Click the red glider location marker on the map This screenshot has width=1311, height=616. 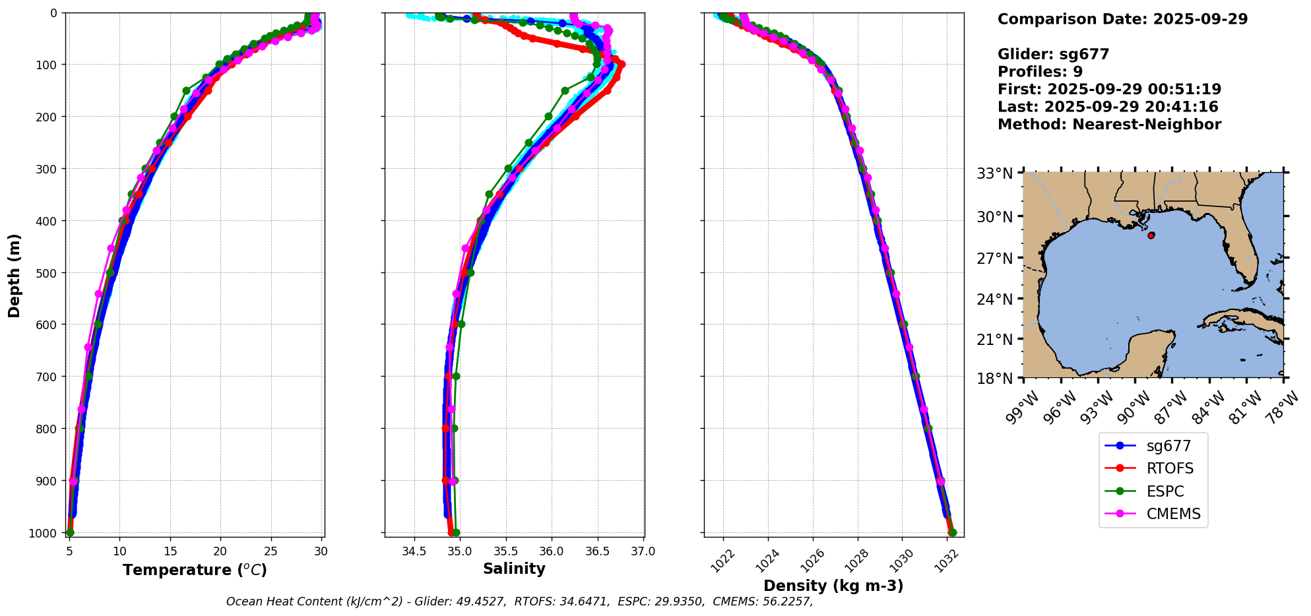1151,235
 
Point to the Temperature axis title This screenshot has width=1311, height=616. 195,570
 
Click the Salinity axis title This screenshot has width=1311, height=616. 514,569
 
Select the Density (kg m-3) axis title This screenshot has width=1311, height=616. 833,586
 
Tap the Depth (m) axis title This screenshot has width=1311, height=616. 15,276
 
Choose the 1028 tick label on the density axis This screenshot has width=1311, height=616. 856,560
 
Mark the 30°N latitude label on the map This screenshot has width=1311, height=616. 995,216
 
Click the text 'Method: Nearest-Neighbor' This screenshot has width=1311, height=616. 1109,125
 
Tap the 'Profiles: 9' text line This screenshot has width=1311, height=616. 1040,72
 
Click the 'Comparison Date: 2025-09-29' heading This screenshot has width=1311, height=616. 1122,19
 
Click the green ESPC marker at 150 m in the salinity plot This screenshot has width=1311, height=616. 565,90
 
